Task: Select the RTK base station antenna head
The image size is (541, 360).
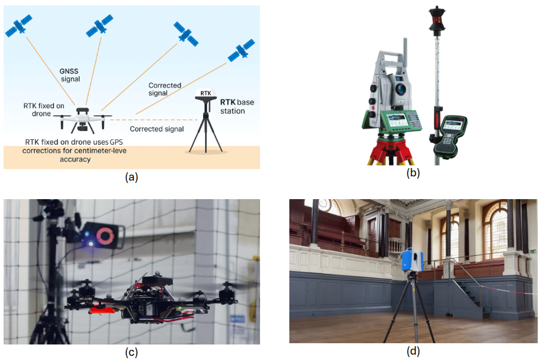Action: click(206, 96)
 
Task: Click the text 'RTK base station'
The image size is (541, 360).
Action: click(237, 106)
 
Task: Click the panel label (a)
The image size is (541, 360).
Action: click(131, 177)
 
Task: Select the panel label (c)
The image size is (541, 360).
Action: click(131, 352)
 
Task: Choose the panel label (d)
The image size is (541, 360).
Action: click(413, 352)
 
